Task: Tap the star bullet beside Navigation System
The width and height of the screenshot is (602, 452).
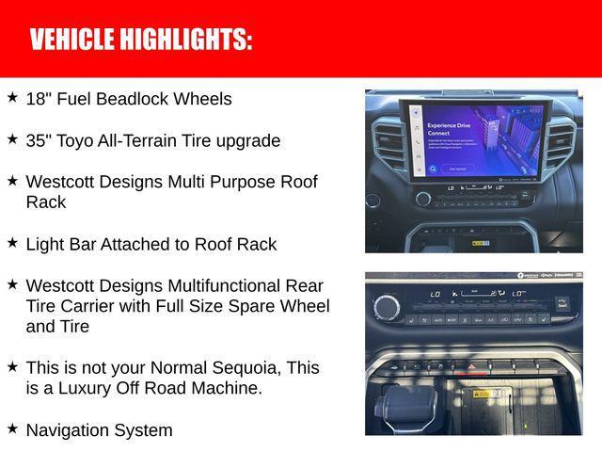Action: [12, 428]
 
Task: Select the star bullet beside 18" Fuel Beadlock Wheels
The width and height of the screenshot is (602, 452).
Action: [12, 97]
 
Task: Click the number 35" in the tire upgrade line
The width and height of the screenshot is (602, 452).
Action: [39, 141]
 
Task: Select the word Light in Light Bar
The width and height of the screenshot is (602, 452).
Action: [45, 245]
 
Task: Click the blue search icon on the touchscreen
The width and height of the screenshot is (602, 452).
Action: [433, 169]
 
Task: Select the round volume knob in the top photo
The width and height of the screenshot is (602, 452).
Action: [423, 199]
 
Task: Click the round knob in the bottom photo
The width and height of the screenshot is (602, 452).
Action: [386, 306]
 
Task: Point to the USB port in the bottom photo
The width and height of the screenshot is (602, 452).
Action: [562, 302]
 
